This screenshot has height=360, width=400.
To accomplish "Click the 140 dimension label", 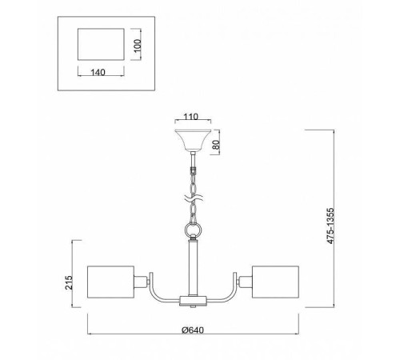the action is coord(98,72).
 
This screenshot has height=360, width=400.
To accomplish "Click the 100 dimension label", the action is coord(138,46).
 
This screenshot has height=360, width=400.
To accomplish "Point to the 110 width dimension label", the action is coord(191,117).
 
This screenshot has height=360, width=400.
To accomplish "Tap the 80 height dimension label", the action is coord(217,145).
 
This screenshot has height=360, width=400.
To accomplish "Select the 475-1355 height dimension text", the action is coord(330,226).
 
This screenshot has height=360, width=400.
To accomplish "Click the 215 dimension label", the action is coord(69,282).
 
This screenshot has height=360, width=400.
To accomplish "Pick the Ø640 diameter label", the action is coord(193,330).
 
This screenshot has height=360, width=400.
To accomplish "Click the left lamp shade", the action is coord(110,282).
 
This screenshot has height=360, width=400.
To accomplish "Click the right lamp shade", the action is coord(275,282).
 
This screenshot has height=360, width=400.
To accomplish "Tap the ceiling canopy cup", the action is coord(193,140).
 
